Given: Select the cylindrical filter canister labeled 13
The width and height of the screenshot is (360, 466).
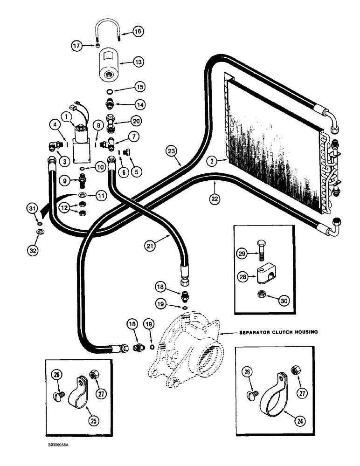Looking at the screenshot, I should [x=111, y=66].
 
